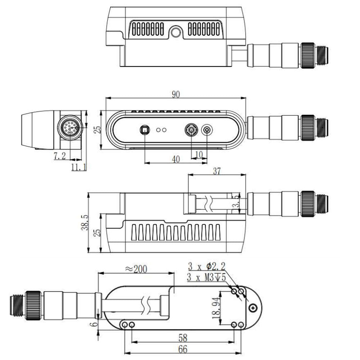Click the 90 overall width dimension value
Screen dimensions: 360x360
175,95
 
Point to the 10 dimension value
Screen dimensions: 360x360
199,154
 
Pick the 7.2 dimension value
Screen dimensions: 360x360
60,156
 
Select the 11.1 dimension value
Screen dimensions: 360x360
78,167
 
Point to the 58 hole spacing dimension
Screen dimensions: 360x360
183,338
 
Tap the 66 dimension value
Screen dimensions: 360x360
183,350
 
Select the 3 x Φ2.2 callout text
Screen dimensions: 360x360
206,267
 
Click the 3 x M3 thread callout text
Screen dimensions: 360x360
206,278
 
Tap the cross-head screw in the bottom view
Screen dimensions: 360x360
254,307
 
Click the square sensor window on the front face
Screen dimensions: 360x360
144,130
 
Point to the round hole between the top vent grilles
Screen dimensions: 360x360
176,33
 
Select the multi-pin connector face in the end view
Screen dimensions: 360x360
71,127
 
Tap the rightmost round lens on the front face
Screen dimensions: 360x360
207,130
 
